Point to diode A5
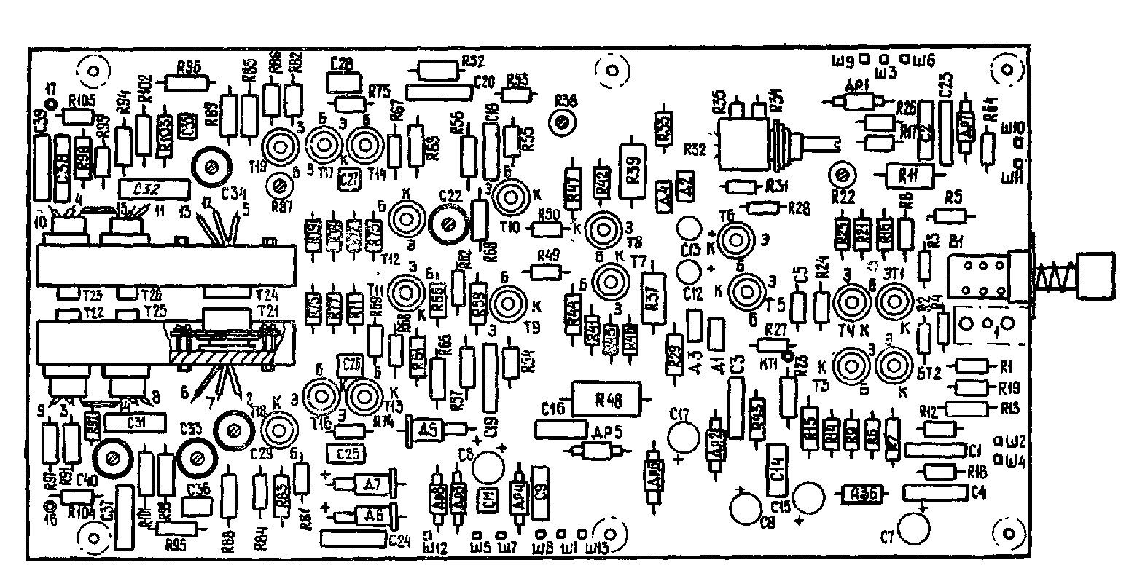[431, 430]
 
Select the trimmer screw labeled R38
[563, 122]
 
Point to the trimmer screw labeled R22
[842, 175]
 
